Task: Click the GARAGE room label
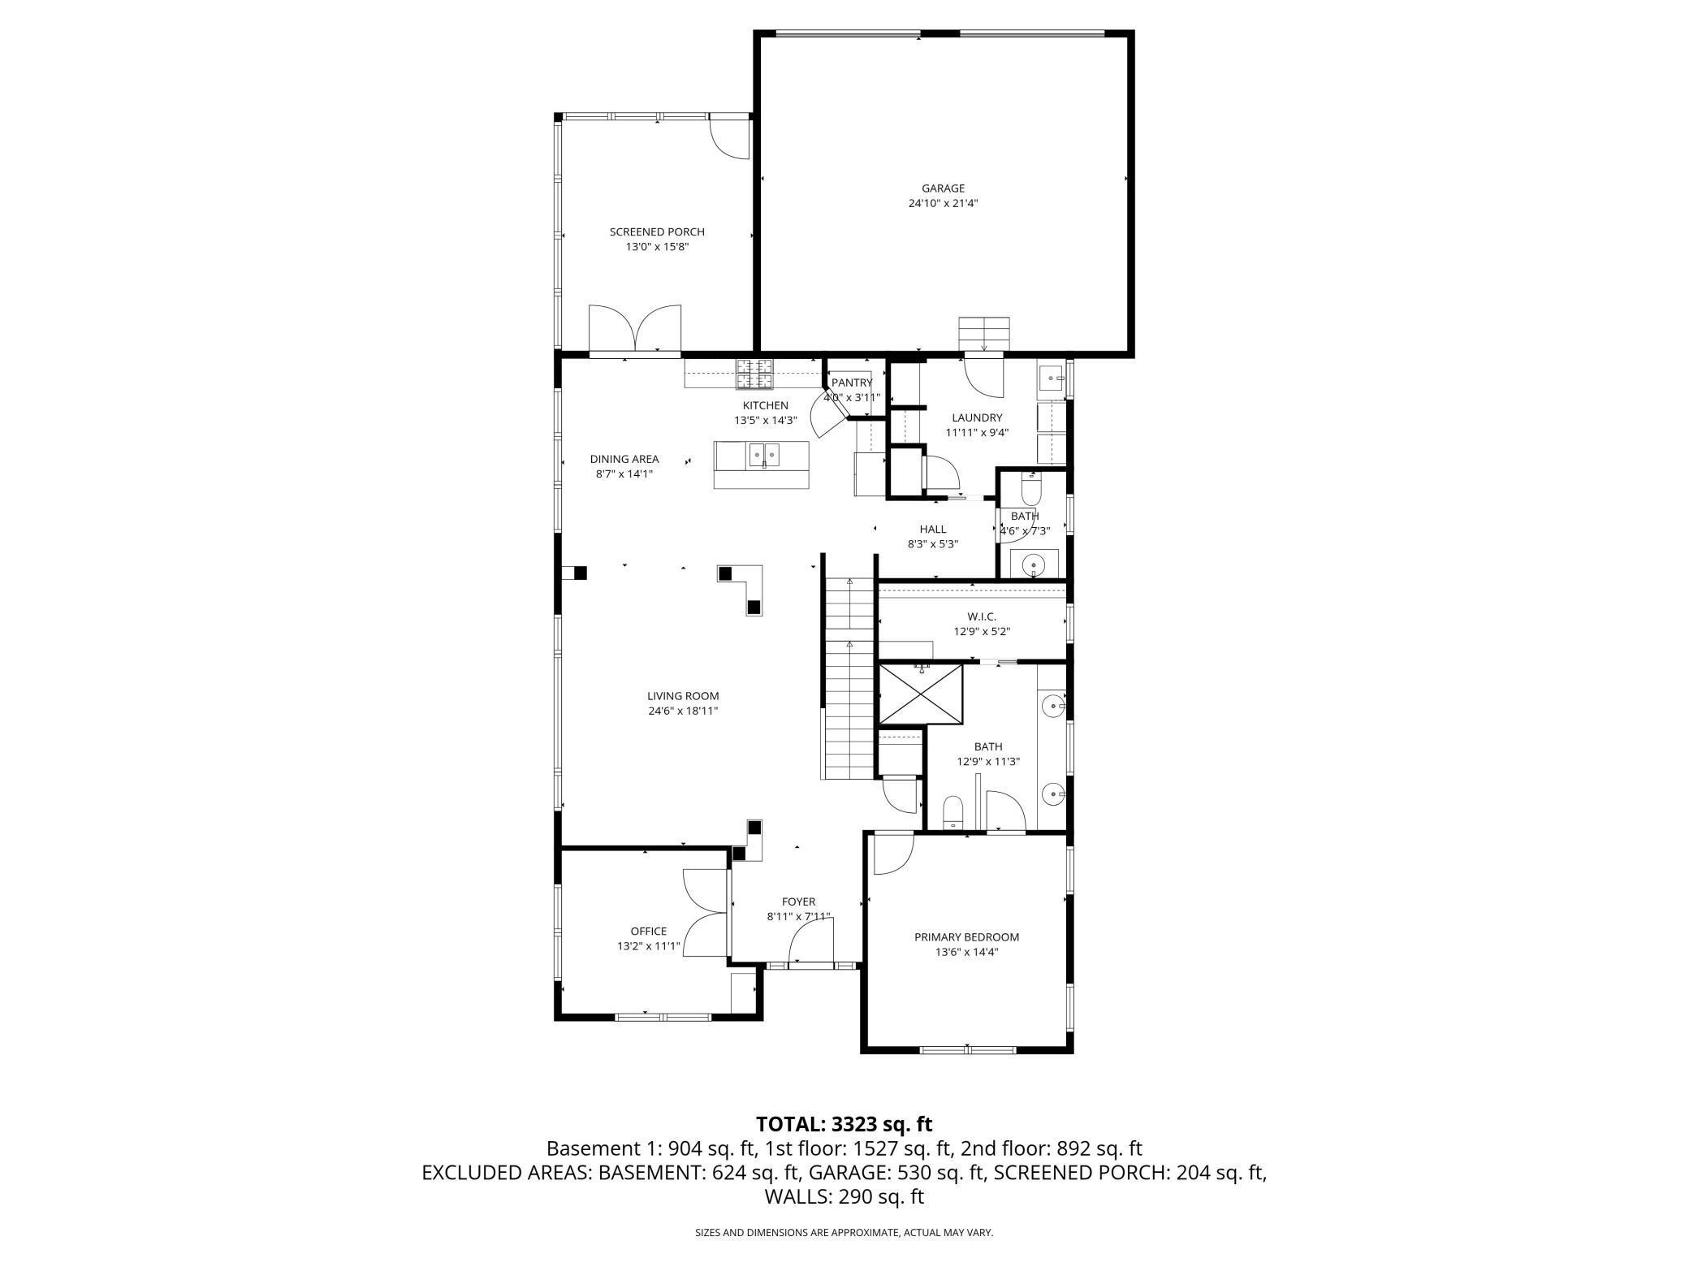click(942, 188)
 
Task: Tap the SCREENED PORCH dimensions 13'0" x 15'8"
click(657, 247)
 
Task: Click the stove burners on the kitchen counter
click(754, 374)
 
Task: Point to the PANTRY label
click(851, 383)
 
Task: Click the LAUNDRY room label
click(977, 417)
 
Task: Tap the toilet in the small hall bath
click(1030, 490)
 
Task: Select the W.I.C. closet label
click(981, 616)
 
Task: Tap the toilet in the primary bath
click(952, 812)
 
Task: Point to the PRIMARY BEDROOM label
click(966, 936)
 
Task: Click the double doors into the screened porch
click(635, 329)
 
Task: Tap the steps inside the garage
click(984, 333)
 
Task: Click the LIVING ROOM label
click(682, 696)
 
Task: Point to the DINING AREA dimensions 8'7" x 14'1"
click(624, 474)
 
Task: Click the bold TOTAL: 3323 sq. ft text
click(844, 1124)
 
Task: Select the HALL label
click(932, 529)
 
